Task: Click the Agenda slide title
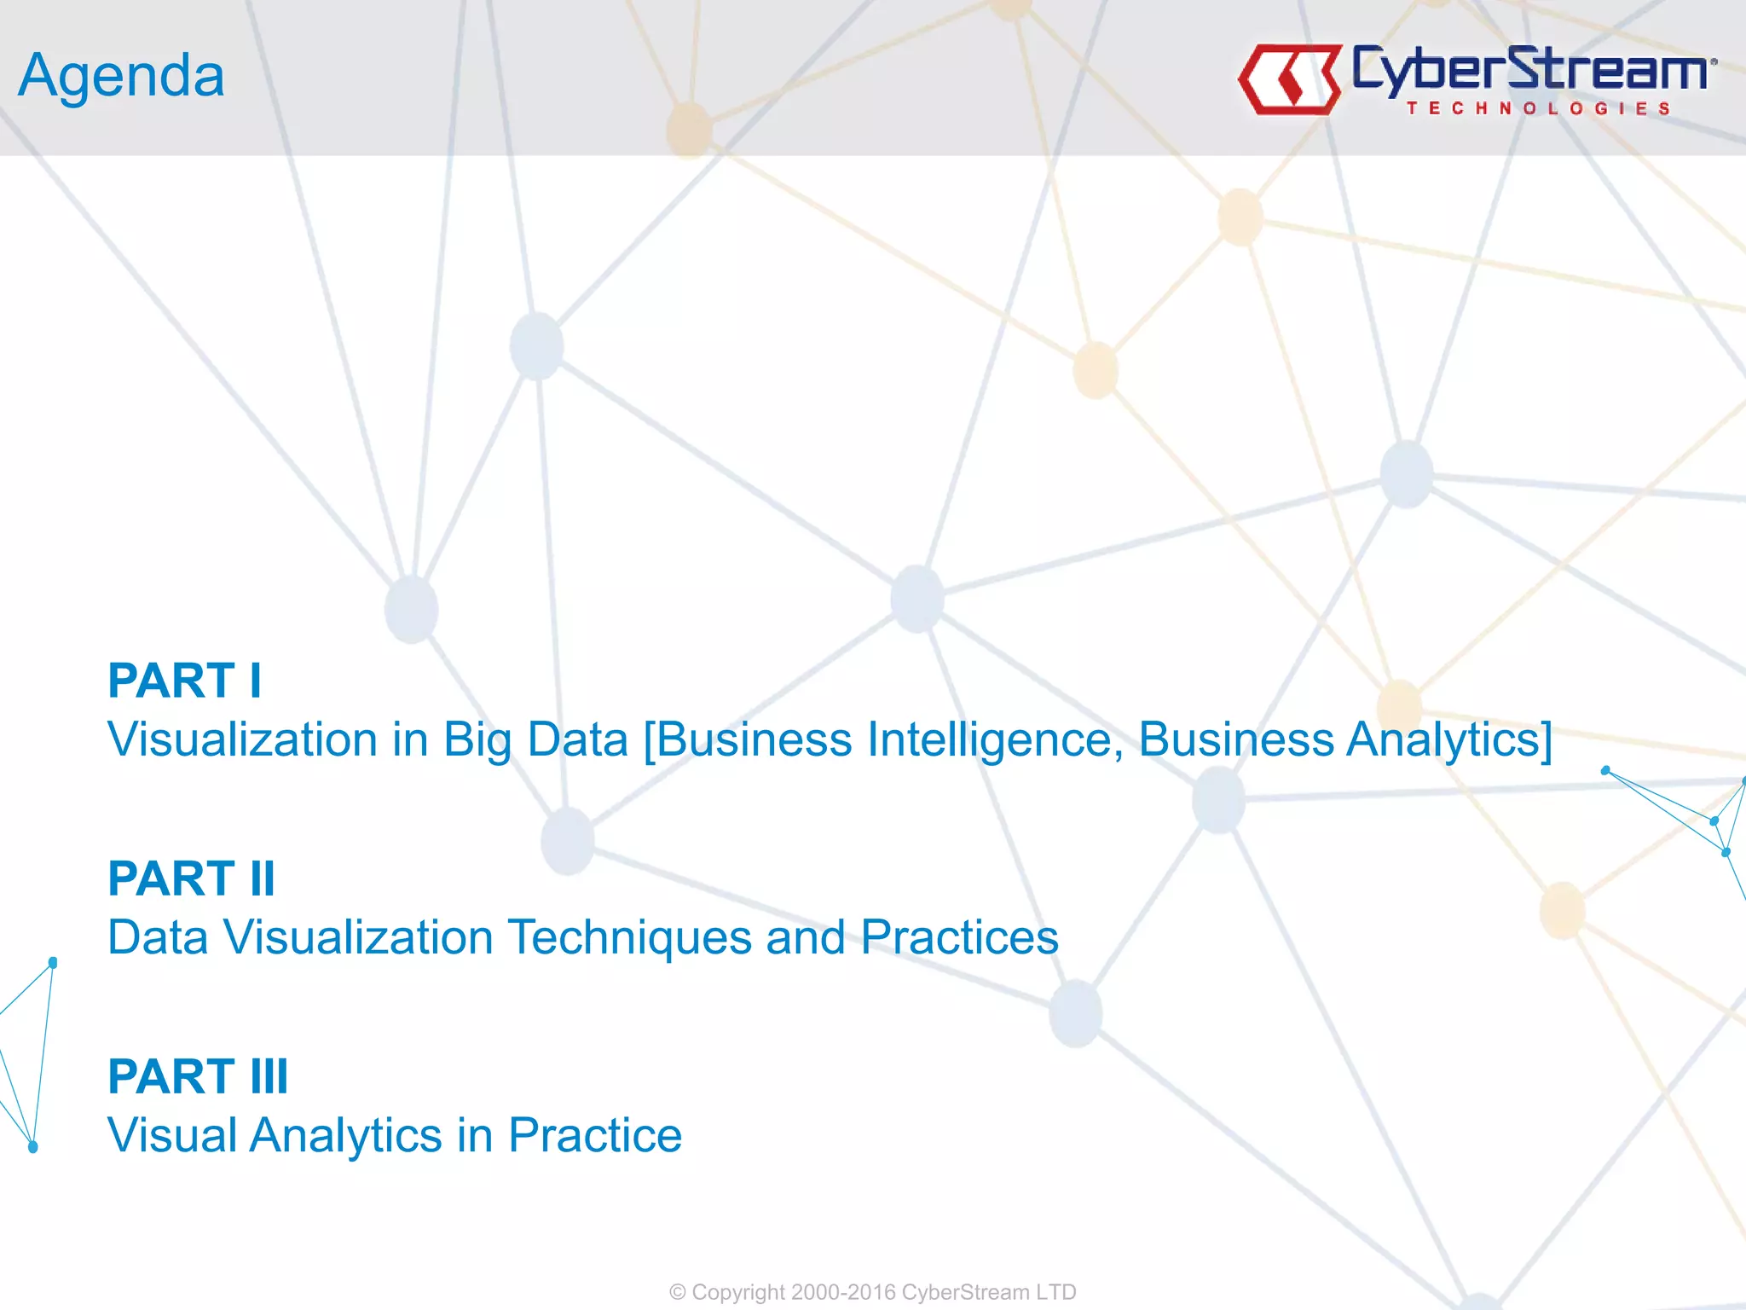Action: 121,77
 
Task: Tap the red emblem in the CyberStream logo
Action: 1289,79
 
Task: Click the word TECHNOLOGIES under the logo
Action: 1538,108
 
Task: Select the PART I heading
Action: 184,681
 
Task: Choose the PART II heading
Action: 191,878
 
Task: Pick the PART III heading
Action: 198,1076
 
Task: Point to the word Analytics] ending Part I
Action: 1449,739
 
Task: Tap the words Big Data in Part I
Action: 535,739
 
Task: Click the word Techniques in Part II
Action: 629,937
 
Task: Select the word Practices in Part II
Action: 959,937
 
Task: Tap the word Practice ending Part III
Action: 595,1135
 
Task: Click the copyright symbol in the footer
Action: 678,1292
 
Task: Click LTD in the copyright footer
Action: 1056,1292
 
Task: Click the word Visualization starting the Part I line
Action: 242,739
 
